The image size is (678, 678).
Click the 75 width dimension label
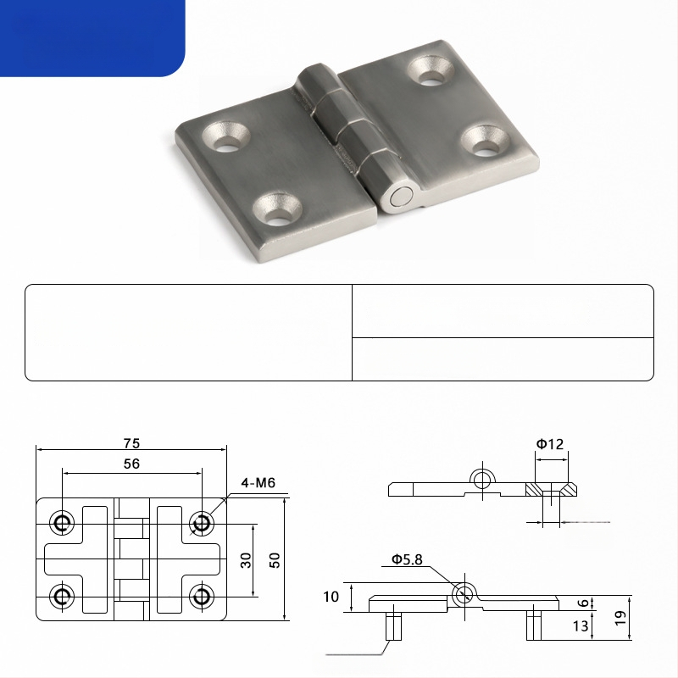tap(131, 443)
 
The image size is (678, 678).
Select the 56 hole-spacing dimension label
tap(131, 464)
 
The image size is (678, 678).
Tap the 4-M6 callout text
tap(258, 482)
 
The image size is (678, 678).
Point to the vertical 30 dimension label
tap(246, 560)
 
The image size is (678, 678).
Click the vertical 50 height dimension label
tap(274, 560)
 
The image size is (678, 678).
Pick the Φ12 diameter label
tap(550, 444)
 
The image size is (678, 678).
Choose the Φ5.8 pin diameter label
tap(407, 559)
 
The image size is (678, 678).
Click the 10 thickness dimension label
tap(331, 597)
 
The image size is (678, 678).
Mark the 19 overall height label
tap(620, 618)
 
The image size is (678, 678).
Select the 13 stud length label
tap(581, 625)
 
